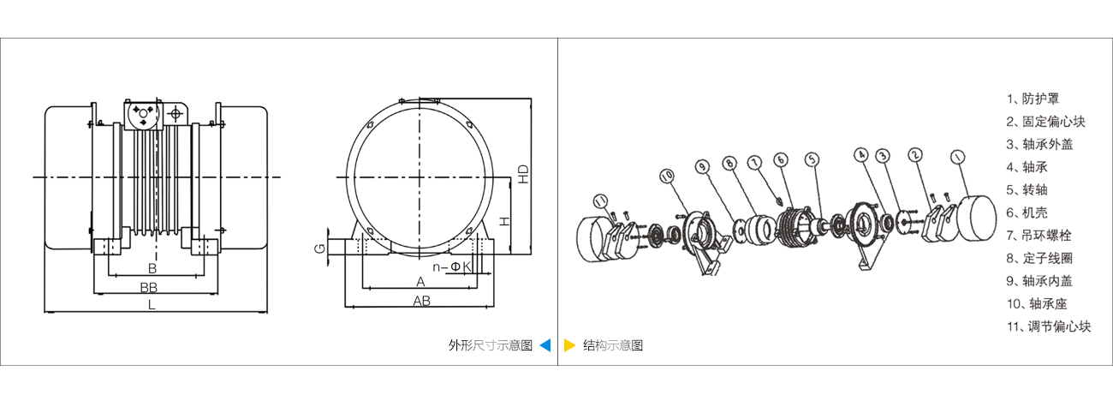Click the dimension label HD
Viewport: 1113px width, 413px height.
pos(523,175)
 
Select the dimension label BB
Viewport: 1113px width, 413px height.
pos(150,285)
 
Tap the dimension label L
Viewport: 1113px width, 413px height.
pos(152,304)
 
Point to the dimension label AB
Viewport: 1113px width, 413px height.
pos(421,301)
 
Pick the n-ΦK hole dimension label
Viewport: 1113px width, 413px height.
pos(452,267)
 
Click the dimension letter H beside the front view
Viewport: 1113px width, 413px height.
pos(505,220)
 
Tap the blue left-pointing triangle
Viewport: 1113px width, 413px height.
pos(545,345)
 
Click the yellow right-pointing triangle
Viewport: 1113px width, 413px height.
pos(569,345)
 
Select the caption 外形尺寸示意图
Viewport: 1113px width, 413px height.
pos(491,345)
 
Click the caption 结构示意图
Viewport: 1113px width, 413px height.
pos(612,345)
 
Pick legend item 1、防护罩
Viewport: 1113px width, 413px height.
pos(1039,99)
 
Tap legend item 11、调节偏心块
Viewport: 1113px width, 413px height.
pos(1049,326)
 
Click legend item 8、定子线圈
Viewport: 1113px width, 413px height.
pos(1044,258)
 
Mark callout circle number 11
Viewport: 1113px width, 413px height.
pos(602,202)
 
